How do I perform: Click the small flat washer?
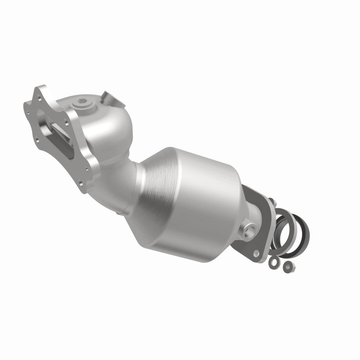click(273, 261)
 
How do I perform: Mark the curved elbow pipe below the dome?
click(128, 180)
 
